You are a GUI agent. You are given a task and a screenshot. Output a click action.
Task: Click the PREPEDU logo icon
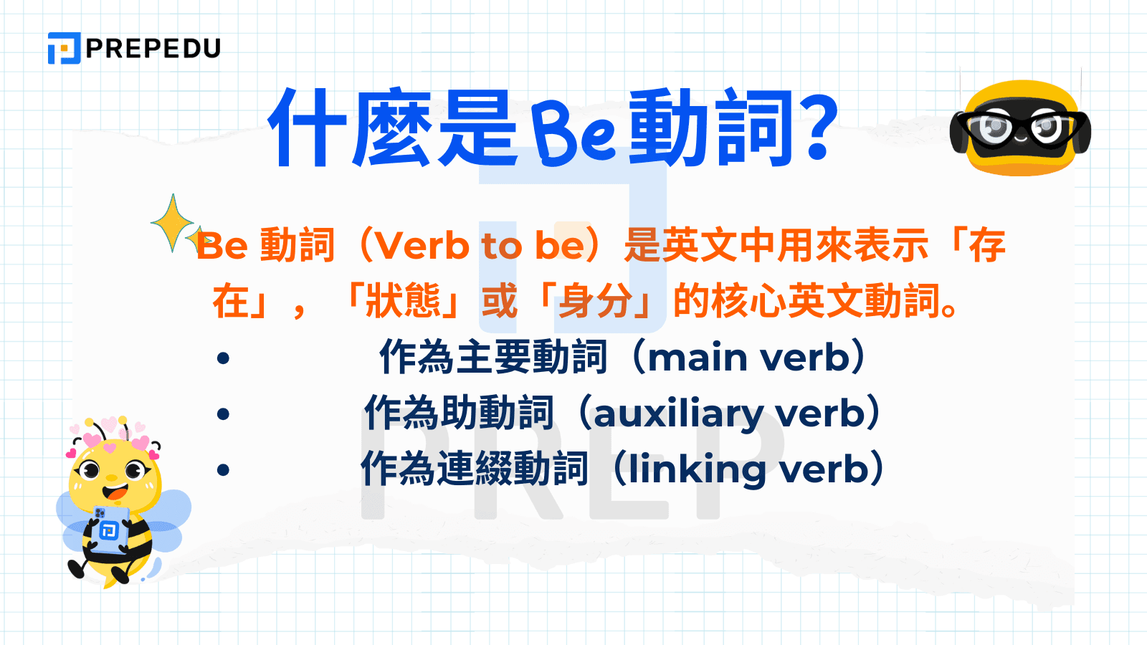(x=64, y=48)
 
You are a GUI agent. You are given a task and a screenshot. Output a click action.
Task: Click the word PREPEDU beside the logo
(x=153, y=49)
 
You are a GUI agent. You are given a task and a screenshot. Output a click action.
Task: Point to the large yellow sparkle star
(x=172, y=223)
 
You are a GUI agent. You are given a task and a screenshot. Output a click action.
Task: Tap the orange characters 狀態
(x=404, y=300)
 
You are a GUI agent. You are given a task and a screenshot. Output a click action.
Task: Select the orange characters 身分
(x=595, y=300)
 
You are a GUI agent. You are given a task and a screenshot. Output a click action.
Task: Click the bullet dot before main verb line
(x=224, y=358)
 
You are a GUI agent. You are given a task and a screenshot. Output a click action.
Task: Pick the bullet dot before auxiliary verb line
(x=224, y=414)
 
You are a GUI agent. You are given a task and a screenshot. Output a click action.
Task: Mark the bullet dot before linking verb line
(x=224, y=469)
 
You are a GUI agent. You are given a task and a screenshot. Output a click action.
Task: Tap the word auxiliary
(x=678, y=414)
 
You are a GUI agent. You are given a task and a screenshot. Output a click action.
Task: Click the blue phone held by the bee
(x=110, y=529)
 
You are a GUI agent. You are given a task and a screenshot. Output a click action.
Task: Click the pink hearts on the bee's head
(x=108, y=434)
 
